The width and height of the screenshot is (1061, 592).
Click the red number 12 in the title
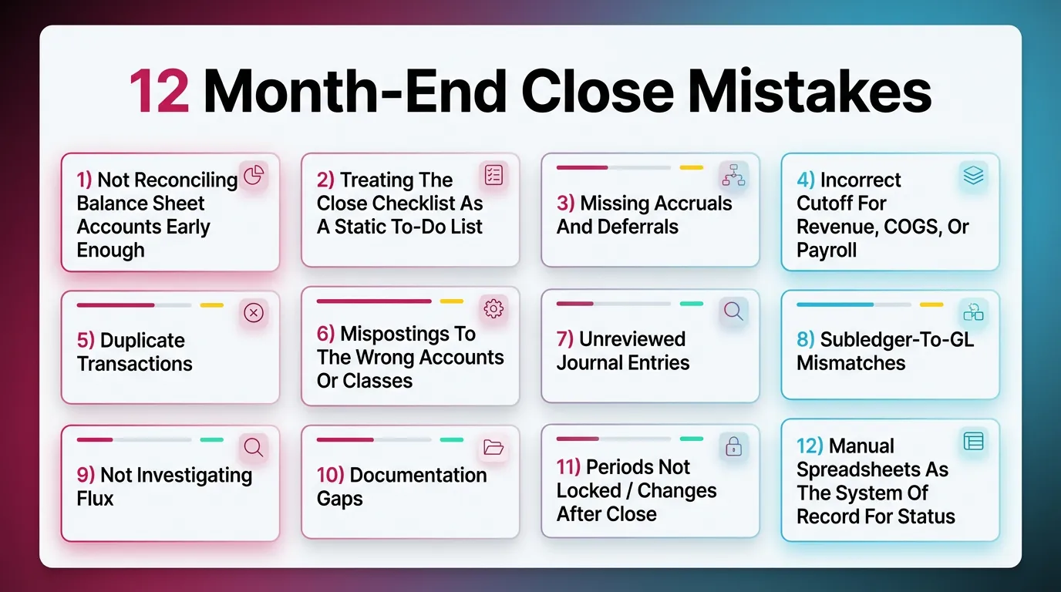point(158,92)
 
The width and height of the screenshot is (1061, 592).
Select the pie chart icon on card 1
point(254,176)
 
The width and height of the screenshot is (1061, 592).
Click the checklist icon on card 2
point(493,175)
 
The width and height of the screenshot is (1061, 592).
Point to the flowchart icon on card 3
point(733,177)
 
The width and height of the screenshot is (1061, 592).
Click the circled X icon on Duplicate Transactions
point(254,312)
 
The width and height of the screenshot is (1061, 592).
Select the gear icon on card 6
point(493,309)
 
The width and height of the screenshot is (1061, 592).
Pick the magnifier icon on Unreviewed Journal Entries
point(733,311)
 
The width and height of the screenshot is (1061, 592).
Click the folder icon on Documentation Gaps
point(493,447)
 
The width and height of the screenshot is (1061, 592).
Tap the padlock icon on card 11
point(733,447)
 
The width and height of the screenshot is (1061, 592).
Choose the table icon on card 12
point(974,441)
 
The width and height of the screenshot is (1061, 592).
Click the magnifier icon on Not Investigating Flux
point(254,447)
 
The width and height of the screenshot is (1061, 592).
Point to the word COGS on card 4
point(908,227)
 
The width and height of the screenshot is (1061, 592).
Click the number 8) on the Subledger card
point(805,340)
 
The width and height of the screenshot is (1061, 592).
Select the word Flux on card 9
point(96,499)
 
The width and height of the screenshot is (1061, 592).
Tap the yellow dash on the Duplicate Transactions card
point(211,305)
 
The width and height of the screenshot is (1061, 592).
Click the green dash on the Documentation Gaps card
point(452,440)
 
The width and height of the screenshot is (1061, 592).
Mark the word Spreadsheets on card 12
point(873,469)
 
